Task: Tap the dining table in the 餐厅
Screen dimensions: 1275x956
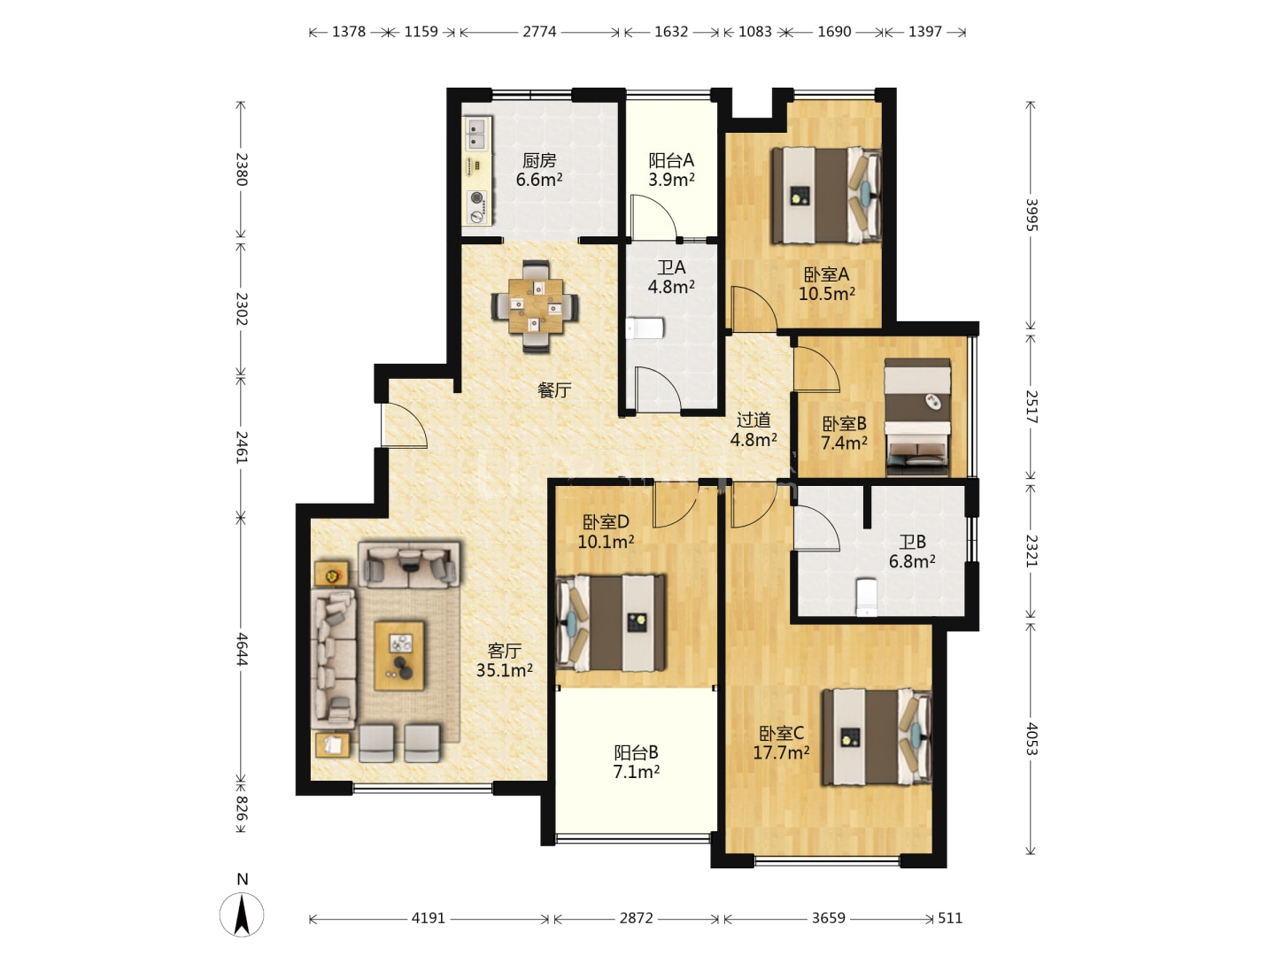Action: coord(535,306)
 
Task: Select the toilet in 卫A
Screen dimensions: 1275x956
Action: coord(645,328)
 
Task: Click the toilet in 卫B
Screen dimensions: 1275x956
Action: coord(867,597)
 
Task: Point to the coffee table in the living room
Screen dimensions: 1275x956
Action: coord(399,656)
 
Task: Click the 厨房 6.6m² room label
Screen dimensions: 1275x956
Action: coord(539,169)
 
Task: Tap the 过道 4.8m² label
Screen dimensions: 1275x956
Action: coord(753,429)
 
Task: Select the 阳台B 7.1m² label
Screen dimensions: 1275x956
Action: coord(636,761)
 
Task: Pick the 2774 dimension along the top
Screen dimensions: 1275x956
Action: coord(539,31)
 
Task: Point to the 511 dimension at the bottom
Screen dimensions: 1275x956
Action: coord(950,918)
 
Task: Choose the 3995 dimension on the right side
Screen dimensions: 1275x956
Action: coord(1031,215)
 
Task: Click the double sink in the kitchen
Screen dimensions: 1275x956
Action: coord(477,133)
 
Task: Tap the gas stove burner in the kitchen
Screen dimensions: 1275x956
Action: coord(477,198)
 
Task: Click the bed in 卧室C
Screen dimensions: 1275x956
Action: coord(877,736)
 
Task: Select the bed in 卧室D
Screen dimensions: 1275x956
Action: coord(611,623)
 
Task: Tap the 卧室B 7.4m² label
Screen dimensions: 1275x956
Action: coord(844,433)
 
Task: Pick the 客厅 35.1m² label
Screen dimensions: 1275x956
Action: coord(504,660)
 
